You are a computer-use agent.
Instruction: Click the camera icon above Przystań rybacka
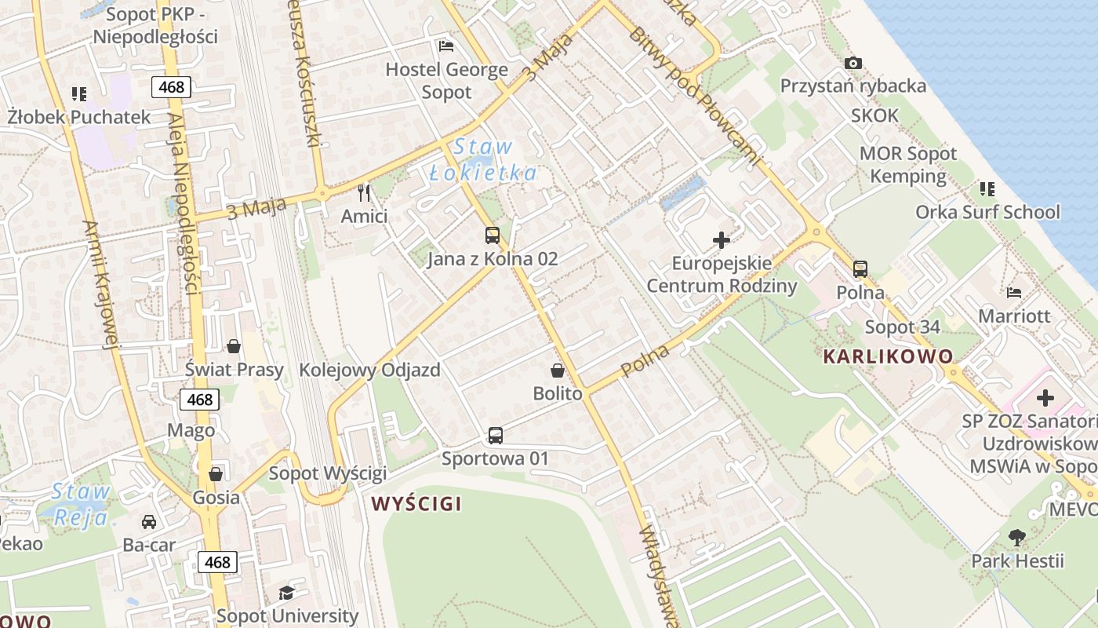tap(853, 63)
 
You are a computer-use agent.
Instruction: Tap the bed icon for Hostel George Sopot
tap(446, 46)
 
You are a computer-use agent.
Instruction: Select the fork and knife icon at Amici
tap(363, 192)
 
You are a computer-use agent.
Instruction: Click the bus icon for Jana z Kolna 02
tap(492, 235)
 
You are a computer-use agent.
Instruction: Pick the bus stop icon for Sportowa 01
tap(495, 435)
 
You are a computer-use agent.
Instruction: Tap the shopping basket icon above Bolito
tap(558, 370)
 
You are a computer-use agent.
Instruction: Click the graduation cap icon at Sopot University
tap(287, 593)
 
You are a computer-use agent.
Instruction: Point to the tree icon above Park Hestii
tap(1017, 538)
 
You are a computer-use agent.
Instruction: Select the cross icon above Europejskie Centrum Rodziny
tap(721, 240)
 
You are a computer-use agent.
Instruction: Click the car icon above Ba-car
tap(148, 521)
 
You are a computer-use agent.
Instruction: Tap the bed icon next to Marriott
tap(1014, 293)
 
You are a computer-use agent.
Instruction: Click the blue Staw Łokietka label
tap(483, 160)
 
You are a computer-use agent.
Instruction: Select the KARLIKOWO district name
tap(888, 356)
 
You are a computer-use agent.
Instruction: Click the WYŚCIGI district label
tap(416, 503)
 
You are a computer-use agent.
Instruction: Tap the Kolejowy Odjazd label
tap(369, 370)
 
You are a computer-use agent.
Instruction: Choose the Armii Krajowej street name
tap(100, 283)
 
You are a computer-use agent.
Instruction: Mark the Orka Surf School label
tap(987, 212)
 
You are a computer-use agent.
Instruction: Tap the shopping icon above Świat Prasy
tap(234, 345)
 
